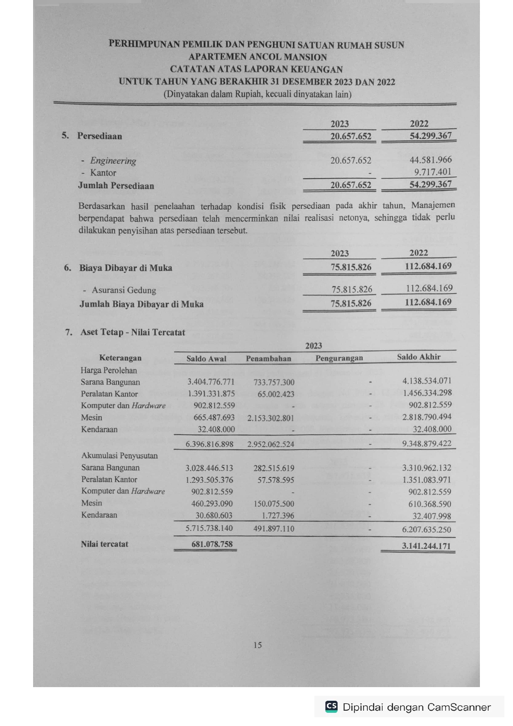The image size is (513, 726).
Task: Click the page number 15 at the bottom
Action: click(257, 645)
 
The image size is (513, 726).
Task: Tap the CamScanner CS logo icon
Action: click(331, 707)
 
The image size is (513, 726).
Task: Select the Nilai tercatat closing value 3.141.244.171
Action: click(426, 546)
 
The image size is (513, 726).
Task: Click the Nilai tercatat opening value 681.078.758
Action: click(212, 544)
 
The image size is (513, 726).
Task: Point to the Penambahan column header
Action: click(268, 359)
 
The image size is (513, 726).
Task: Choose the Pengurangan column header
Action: click(339, 358)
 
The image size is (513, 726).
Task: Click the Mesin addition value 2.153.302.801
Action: click(271, 418)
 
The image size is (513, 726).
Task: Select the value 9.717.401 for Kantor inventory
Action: click(433, 172)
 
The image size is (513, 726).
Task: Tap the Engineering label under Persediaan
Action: click(113, 161)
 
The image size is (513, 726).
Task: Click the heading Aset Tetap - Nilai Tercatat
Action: click(132, 332)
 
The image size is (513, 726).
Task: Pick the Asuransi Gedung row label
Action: click(124, 290)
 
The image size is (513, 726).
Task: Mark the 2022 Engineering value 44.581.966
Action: click(431, 160)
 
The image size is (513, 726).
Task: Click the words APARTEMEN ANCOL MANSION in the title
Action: click(257, 57)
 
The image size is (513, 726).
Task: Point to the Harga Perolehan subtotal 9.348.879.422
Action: click(427, 443)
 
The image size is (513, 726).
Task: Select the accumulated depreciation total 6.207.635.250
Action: click(427, 530)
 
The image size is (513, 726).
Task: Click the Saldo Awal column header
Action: click(206, 359)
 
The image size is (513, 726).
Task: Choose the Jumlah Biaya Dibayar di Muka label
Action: click(141, 304)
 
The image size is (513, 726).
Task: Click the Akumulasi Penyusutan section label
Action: click(119, 455)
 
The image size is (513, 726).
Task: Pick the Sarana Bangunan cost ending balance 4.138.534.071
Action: click(427, 381)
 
